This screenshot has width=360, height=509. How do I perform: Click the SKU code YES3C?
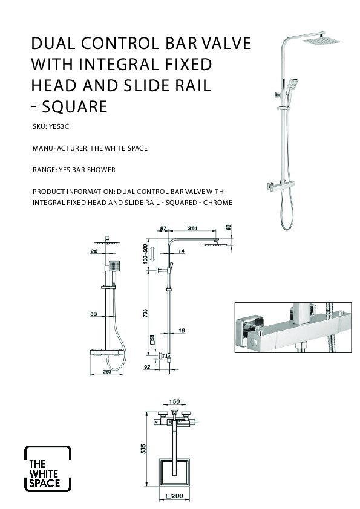click(x=59, y=126)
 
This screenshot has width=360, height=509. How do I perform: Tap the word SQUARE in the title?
click(x=75, y=106)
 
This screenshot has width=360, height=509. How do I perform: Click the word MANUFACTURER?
click(x=61, y=148)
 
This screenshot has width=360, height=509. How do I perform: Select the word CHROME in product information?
click(x=218, y=203)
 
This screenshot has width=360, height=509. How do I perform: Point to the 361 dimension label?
click(x=192, y=229)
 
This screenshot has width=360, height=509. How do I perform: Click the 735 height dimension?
click(x=145, y=313)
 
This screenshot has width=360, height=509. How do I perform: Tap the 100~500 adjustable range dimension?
click(x=145, y=254)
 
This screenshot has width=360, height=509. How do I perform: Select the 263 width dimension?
click(x=107, y=371)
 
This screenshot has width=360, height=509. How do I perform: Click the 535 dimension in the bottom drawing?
click(x=143, y=449)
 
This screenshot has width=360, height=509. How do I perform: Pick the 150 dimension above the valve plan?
click(x=174, y=401)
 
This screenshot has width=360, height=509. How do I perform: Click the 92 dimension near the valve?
click(x=147, y=367)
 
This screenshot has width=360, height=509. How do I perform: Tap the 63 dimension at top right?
click(x=229, y=227)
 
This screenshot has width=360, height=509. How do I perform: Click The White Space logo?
click(x=48, y=468)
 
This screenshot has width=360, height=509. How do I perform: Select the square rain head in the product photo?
click(x=321, y=41)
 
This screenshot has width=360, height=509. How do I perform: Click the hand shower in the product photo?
click(x=292, y=85)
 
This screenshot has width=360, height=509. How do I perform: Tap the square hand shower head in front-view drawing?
click(x=114, y=266)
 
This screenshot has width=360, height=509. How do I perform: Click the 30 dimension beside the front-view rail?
click(x=94, y=314)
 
